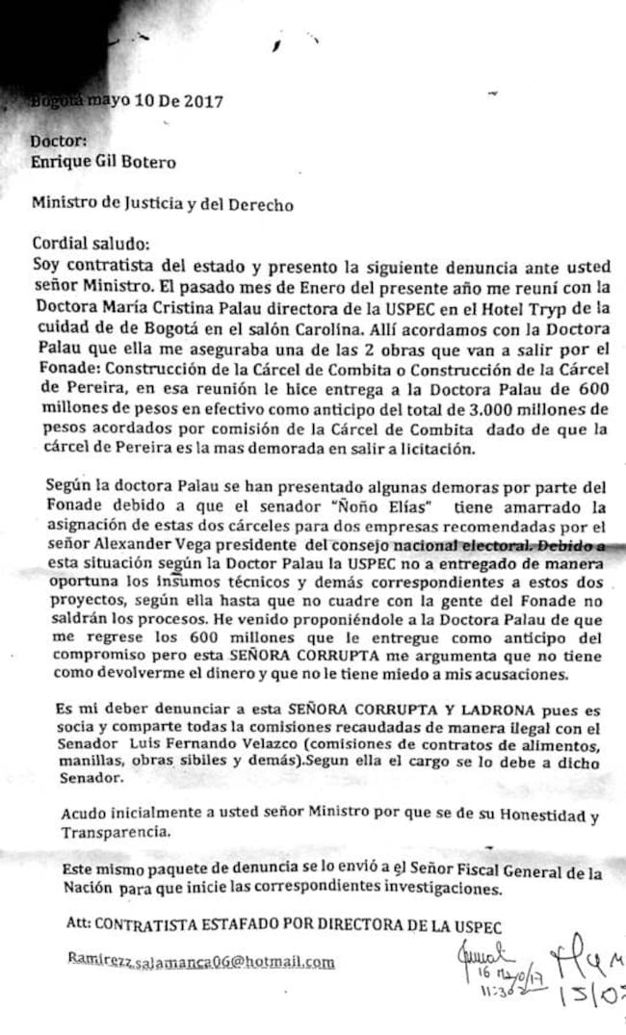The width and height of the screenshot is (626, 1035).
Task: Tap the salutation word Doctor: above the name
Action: point(59,141)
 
